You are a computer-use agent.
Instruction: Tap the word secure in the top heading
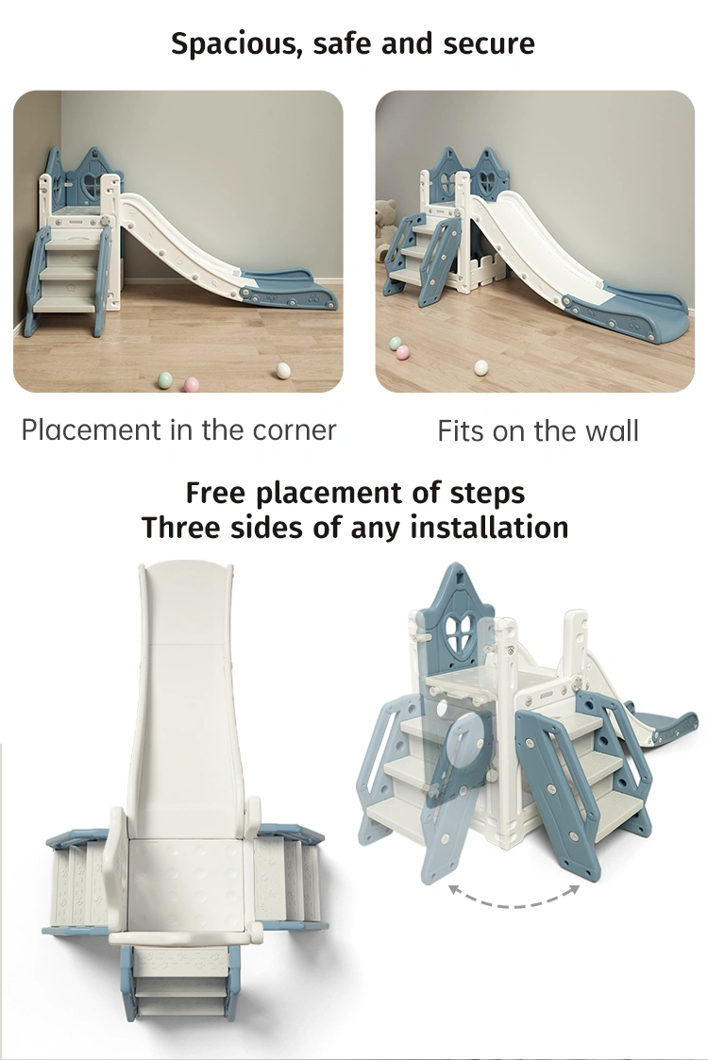coord(489,44)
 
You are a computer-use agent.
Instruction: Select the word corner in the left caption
coord(295,430)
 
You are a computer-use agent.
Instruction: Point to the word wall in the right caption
coord(612,430)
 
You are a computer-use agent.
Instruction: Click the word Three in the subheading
coord(182,528)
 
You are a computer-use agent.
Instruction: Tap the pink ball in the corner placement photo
coord(192,385)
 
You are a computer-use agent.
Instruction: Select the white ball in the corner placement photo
coord(282,370)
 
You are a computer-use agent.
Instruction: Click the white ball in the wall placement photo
coord(480,367)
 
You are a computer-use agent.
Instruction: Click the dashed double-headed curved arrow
coord(514,897)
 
